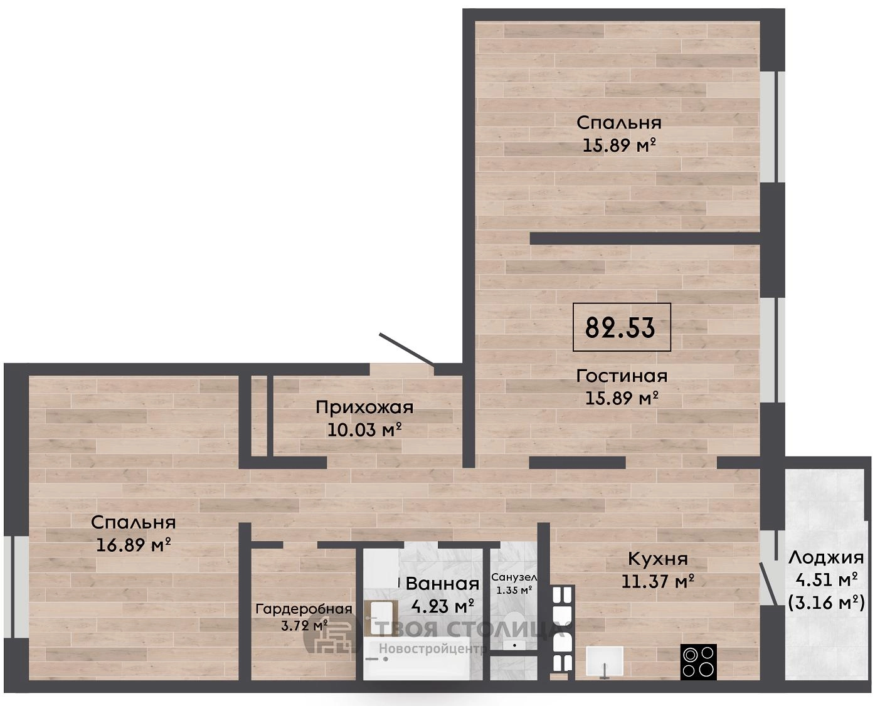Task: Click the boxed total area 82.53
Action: (621, 327)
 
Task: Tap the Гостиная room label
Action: (622, 376)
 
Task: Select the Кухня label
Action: (658, 559)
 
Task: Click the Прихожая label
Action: (364, 408)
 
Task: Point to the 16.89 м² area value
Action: (133, 545)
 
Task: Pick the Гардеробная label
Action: (304, 609)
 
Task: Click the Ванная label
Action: (442, 584)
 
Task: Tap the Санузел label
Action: (514, 577)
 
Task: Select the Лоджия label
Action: (825, 557)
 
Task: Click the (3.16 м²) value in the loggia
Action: (827, 603)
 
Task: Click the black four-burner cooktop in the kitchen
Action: (698, 661)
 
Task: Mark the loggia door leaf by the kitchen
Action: (768, 584)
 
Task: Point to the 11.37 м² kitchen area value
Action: (658, 581)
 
